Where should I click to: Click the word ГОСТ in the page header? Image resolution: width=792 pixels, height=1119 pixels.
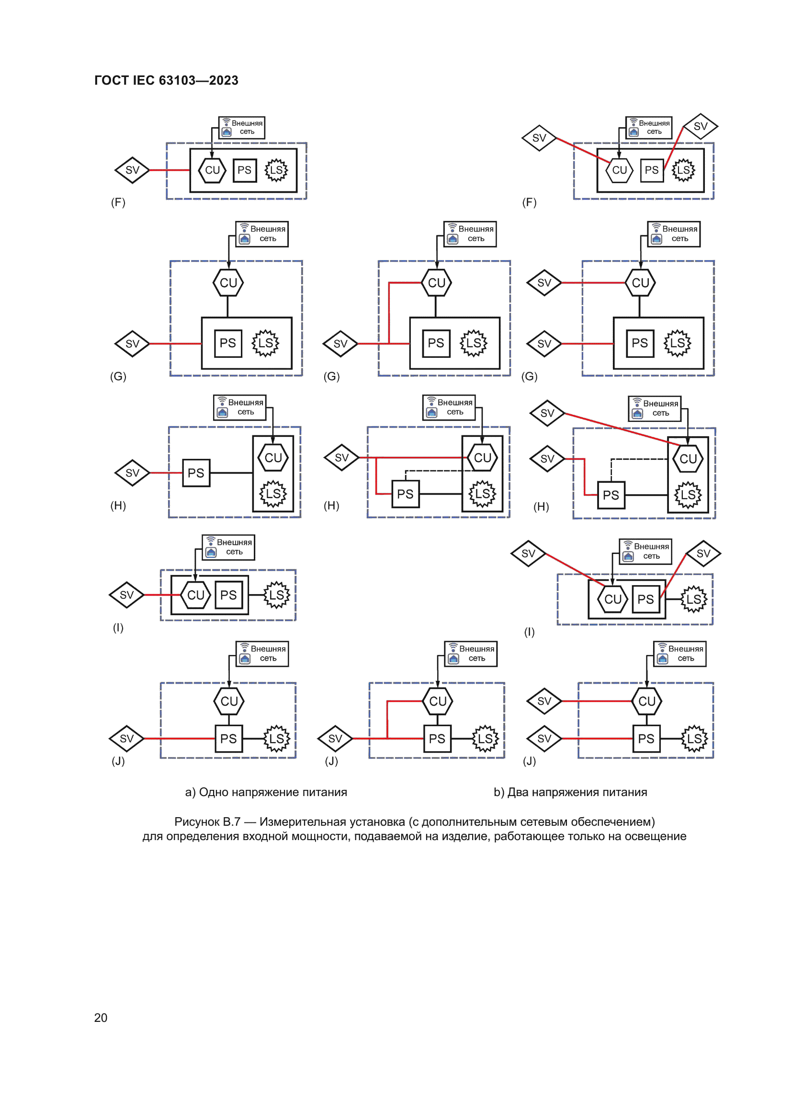click(111, 80)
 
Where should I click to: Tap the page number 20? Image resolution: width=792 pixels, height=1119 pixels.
click(101, 1018)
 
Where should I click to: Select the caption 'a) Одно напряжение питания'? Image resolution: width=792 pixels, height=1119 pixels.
click(266, 792)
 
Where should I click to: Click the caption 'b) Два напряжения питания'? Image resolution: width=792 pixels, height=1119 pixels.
click(570, 792)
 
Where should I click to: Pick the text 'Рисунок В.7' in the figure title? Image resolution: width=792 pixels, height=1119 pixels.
click(207, 822)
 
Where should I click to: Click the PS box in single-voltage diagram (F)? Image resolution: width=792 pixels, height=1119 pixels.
click(244, 171)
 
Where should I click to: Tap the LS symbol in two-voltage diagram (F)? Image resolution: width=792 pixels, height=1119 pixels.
click(683, 171)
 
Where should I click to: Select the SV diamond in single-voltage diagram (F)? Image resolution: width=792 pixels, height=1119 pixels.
click(132, 170)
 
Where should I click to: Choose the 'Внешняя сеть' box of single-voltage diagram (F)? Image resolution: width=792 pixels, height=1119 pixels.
click(242, 128)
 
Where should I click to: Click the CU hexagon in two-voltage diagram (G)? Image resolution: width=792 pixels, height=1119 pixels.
click(640, 283)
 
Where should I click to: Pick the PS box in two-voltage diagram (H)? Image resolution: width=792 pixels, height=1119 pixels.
click(611, 496)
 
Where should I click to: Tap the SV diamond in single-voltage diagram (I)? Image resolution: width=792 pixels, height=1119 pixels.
click(127, 595)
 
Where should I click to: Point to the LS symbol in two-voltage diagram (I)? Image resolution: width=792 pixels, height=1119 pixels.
click(693, 599)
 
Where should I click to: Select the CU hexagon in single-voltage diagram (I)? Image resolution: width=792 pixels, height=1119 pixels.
click(195, 595)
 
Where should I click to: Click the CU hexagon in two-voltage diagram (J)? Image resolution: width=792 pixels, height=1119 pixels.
click(646, 701)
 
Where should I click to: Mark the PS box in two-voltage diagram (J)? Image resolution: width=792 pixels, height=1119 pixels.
click(646, 739)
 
